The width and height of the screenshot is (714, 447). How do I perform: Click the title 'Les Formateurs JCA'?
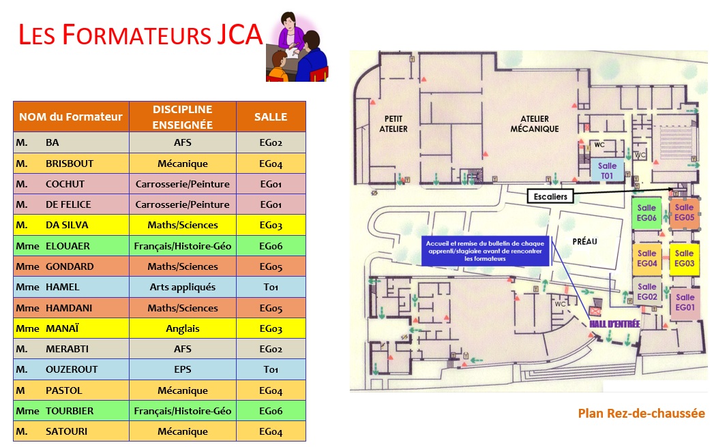(140, 35)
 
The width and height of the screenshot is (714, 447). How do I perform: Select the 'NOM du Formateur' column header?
(71, 117)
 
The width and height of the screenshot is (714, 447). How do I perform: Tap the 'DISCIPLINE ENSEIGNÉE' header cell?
(182, 117)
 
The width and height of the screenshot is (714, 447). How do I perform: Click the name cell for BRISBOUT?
(71, 164)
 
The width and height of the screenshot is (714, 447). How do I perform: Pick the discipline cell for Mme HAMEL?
(182, 287)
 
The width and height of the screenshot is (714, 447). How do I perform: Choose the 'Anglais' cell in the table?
(182, 328)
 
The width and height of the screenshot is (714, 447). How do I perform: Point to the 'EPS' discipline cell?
(182, 369)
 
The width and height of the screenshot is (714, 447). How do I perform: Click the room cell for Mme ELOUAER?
(271, 246)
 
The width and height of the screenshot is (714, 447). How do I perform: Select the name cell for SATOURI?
(71, 431)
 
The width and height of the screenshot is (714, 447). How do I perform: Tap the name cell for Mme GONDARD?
(71, 266)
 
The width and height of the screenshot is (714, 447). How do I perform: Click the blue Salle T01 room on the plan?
(607, 171)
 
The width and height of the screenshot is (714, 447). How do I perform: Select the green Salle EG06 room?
(646, 213)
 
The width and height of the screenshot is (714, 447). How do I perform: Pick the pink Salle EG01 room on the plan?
(685, 303)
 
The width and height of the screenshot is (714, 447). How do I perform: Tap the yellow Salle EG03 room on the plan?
(684, 258)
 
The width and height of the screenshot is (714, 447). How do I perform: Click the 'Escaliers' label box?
(550, 196)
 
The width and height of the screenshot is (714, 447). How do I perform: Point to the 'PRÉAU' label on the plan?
(571, 240)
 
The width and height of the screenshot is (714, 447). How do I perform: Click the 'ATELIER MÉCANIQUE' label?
(535, 124)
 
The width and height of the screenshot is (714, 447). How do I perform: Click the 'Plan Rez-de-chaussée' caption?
(641, 413)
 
